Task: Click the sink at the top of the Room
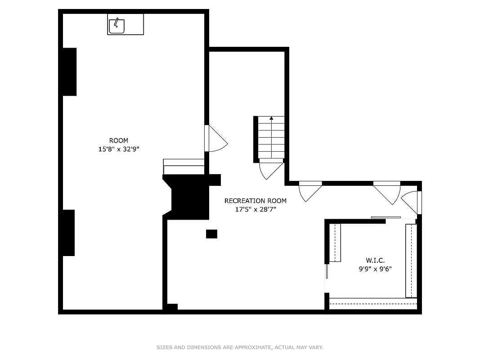[117, 25]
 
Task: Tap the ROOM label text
[119, 140]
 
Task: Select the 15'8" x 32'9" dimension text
[119, 149]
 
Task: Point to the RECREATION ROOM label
[255, 201]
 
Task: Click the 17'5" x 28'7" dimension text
[255, 209]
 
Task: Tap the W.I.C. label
[375, 261]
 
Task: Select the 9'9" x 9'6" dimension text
[375, 269]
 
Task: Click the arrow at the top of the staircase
[271, 119]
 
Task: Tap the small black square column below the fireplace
[211, 234]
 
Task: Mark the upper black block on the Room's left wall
[69, 72]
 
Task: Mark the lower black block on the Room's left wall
[69, 233]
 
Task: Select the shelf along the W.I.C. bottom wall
[373, 304]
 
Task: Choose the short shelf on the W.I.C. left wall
[335, 243]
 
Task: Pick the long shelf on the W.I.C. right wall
[411, 261]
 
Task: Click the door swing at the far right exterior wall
[410, 202]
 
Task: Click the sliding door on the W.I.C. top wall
[386, 218]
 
